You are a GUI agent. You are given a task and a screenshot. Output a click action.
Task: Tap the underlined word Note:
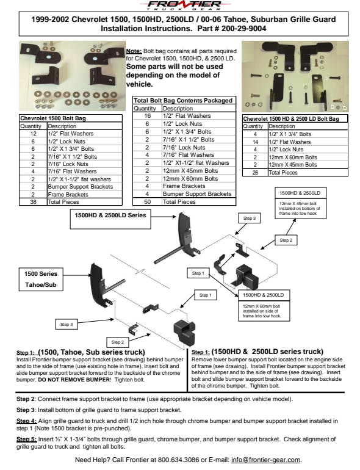point(134,51)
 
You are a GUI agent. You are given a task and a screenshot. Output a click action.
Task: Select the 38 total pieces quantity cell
point(33,202)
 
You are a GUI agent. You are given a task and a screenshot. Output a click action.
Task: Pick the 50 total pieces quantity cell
point(147,201)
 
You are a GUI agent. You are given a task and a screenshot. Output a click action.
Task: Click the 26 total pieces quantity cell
point(255,173)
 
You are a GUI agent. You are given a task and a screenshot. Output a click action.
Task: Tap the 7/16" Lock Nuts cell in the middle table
point(184,148)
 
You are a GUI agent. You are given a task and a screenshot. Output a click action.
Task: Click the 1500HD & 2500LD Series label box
point(110,219)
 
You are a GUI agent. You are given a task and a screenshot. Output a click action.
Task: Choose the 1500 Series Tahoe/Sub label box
point(41,280)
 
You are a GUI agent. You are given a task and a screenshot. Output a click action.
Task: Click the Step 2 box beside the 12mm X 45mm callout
point(286,240)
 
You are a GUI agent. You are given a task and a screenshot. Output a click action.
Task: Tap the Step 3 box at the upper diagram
point(250,219)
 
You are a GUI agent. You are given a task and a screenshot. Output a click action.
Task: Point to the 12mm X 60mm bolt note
point(262,311)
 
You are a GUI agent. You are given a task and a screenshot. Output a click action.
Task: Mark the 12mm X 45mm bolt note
point(300,208)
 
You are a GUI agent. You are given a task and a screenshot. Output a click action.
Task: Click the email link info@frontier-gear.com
point(265,460)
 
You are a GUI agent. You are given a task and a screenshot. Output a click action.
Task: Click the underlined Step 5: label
point(27,439)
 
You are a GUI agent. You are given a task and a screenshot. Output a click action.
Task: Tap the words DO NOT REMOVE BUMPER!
point(74,380)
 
